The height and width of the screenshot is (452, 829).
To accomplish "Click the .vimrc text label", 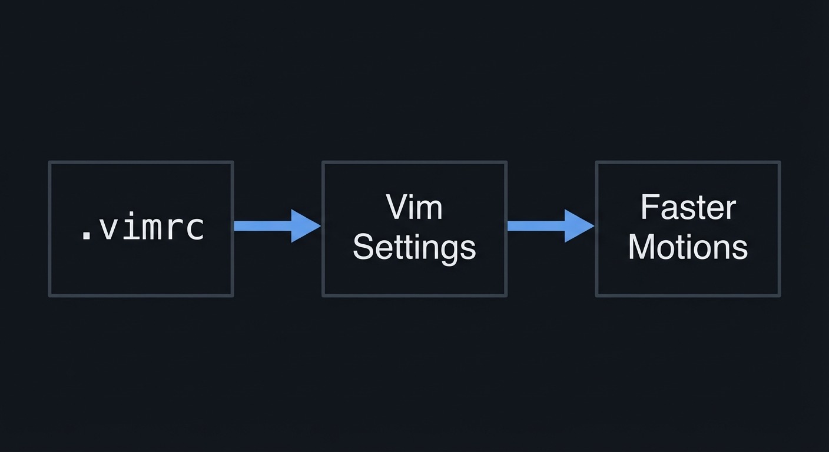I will click(x=142, y=228).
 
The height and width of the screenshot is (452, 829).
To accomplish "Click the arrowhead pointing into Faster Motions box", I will click(x=579, y=226).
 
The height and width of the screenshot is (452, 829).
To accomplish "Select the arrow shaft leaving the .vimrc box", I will click(x=262, y=226).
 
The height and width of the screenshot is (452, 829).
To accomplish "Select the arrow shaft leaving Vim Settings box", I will click(x=536, y=226).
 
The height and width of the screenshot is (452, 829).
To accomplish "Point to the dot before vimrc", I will click(x=86, y=237).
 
